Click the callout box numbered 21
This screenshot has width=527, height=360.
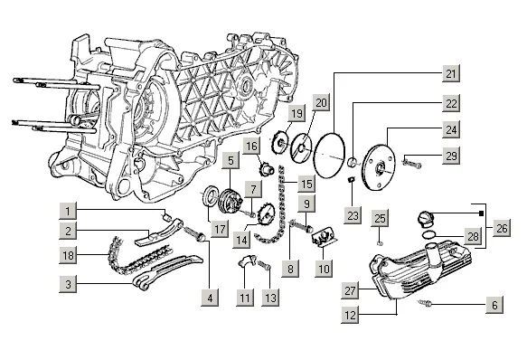click(451, 73)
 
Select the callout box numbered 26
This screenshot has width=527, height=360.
click(502, 228)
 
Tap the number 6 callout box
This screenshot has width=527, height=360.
click(494, 305)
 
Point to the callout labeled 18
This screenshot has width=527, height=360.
click(68, 255)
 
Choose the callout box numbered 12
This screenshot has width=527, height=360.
click(350, 315)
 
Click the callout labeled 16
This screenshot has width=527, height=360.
click(251, 146)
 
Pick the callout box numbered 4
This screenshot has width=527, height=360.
click(210, 298)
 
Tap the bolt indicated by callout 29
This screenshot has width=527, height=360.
click(411, 164)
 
